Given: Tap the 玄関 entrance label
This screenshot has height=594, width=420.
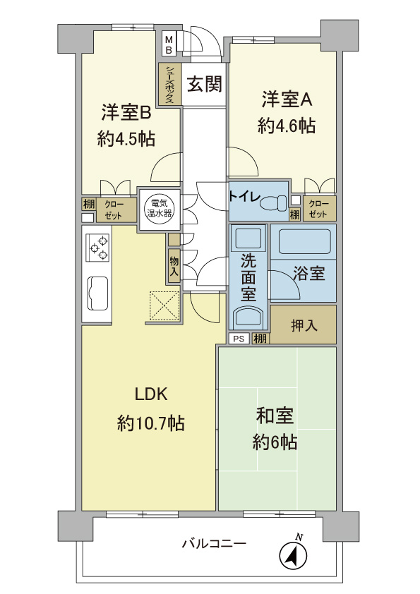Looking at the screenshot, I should coord(205,85).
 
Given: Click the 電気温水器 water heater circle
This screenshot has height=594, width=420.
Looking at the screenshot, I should coord(154,210).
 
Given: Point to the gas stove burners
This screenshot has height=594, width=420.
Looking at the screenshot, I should coord(97,248).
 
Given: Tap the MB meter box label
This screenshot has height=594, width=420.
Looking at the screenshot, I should coord(169,45).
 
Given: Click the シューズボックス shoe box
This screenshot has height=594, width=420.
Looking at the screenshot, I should coord(169,85).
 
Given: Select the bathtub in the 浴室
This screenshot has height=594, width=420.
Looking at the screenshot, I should coord(304,242).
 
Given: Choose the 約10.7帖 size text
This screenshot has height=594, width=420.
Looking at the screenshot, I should coord(151,423).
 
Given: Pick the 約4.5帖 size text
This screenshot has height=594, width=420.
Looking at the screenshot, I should coord(126,139).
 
